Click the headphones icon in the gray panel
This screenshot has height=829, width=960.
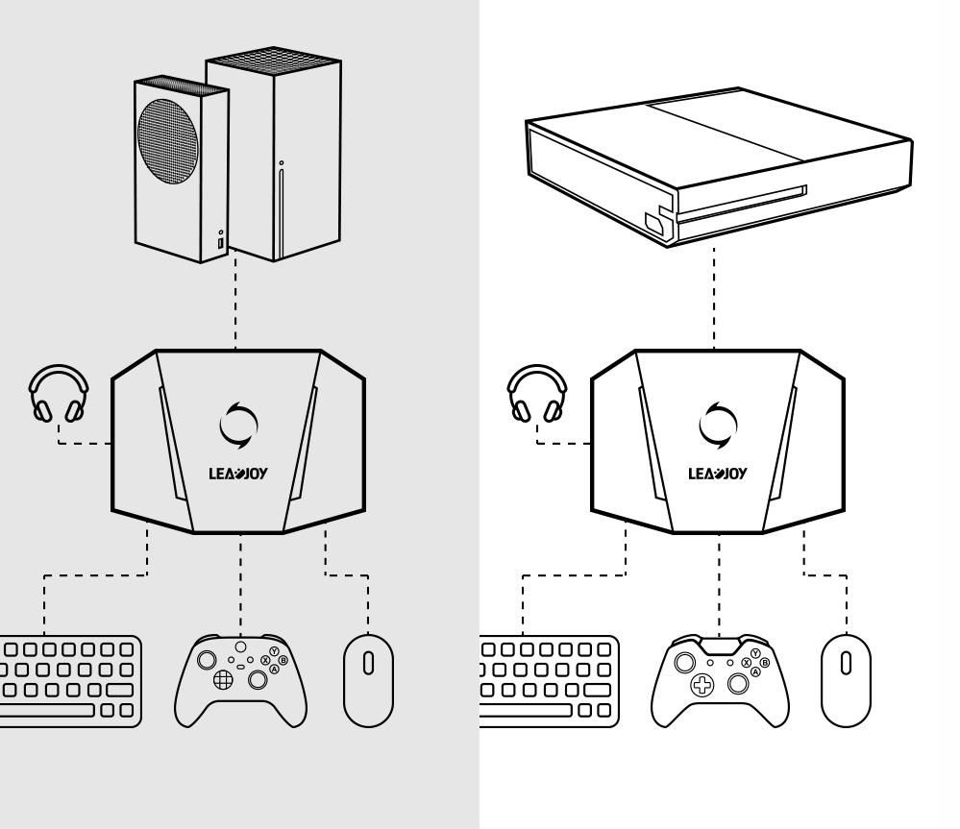[59, 394]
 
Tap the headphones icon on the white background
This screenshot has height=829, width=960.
[536, 394]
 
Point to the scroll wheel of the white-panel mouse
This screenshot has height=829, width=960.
[847, 664]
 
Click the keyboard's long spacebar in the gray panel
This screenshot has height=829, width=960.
[48, 710]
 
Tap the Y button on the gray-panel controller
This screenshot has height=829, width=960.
[275, 650]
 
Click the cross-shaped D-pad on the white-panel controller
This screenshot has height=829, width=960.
[702, 686]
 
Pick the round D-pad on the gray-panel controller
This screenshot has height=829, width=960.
[222, 680]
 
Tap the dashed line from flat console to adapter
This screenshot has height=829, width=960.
[714, 298]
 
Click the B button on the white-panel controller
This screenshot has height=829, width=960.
[764, 662]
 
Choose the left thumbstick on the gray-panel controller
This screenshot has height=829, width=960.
[205, 661]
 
